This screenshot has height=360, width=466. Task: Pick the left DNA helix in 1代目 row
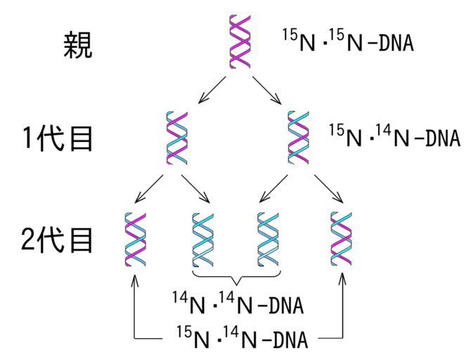coord(176,136)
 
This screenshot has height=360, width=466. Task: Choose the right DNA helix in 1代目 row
coord(299,136)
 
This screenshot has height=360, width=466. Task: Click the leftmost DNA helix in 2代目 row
coord(134,239)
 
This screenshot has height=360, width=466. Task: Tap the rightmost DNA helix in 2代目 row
coord(342,239)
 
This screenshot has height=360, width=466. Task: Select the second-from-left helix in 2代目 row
coord(203,239)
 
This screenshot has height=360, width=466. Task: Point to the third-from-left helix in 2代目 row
coord(269,239)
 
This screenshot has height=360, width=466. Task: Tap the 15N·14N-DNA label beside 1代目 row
coord(393,136)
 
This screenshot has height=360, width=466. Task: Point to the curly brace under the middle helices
coord(237,276)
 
